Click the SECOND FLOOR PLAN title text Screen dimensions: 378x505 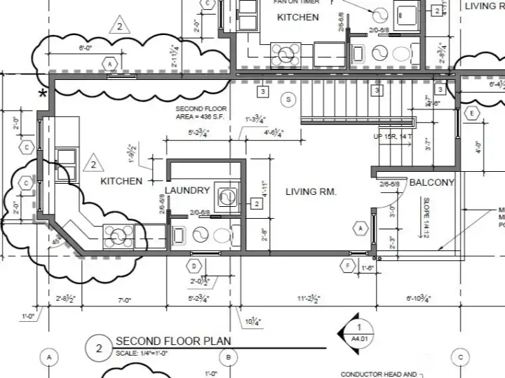point(173,342)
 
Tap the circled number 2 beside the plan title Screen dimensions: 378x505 point(99,348)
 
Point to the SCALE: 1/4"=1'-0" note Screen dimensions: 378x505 point(142,353)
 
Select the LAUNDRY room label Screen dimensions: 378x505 point(188,190)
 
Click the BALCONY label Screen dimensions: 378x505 point(432,183)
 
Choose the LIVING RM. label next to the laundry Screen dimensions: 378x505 point(312,191)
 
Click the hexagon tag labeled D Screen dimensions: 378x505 point(194,266)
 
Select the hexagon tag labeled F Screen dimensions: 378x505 point(346,266)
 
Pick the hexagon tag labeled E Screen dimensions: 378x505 point(472,114)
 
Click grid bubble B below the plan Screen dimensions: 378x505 point(229,357)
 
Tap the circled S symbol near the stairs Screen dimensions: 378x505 point(287,100)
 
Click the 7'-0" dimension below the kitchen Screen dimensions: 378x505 point(125,299)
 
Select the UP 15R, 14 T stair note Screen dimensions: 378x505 point(393,136)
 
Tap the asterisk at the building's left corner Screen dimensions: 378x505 point(43,93)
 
